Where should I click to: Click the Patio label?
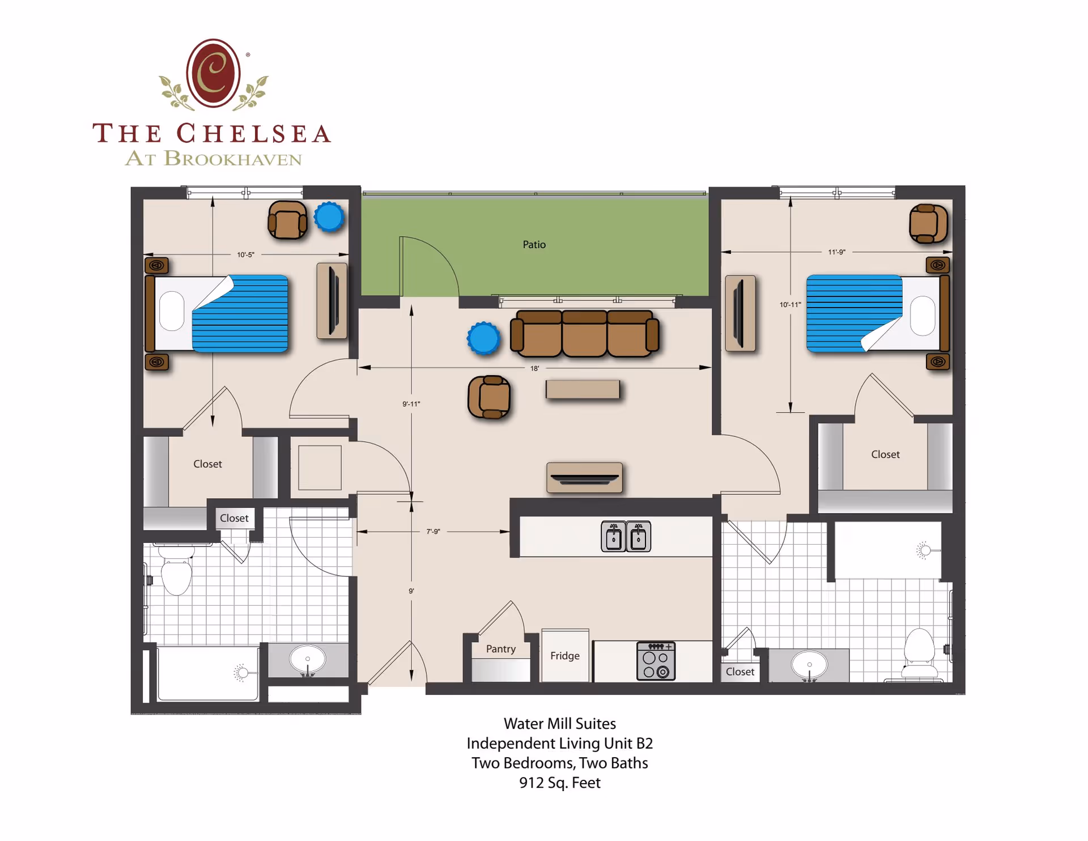(x=534, y=244)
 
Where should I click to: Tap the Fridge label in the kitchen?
(x=564, y=656)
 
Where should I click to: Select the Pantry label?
(x=500, y=649)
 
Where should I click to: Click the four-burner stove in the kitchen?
(x=656, y=661)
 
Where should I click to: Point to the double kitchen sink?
(x=626, y=536)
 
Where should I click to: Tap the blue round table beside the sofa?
(x=483, y=338)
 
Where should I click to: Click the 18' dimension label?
(x=534, y=368)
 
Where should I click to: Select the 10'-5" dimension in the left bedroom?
(x=245, y=255)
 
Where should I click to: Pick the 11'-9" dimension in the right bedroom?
(x=836, y=252)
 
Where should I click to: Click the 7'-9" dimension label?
(x=433, y=532)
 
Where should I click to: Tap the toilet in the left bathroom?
(x=176, y=574)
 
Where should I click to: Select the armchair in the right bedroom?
(x=928, y=224)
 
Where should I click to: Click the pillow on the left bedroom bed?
(x=172, y=311)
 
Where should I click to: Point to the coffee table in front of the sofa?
(x=583, y=389)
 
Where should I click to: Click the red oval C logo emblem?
(x=213, y=74)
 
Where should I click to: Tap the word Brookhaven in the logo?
(x=232, y=159)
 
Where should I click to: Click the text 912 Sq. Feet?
(x=559, y=783)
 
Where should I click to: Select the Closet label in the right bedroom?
(x=885, y=455)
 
